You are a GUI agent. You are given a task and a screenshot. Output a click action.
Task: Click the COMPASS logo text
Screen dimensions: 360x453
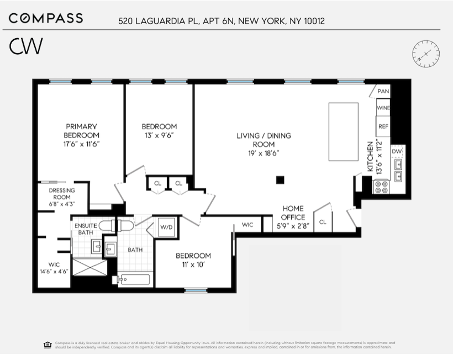pos(46,18)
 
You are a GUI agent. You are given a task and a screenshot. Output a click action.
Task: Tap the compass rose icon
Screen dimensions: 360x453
pos(426,54)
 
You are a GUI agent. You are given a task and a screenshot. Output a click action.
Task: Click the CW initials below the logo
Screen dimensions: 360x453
pos(25,47)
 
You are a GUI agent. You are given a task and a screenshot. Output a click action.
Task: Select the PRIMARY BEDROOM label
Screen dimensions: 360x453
pos(81,131)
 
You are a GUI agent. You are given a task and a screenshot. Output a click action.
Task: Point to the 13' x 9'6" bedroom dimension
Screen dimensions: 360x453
pos(159,135)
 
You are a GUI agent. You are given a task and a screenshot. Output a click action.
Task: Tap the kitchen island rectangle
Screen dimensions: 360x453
pos(343,131)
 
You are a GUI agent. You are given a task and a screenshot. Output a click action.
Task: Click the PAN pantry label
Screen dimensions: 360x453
pos(383,91)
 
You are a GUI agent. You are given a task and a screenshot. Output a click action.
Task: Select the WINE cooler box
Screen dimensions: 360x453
pos(383,108)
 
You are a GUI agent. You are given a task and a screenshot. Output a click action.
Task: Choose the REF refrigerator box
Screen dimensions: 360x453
pos(383,126)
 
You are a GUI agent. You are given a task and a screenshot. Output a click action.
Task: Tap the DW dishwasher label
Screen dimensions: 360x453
pos(397,151)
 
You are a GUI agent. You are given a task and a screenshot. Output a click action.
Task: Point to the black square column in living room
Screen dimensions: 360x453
pos(281,179)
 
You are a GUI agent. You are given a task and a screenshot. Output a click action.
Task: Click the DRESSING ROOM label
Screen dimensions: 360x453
pos(62,194)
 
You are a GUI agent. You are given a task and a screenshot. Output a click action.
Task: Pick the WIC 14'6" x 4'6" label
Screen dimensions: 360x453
pos(54,268)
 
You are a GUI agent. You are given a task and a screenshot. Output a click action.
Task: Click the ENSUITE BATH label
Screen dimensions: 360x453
pos(86,229)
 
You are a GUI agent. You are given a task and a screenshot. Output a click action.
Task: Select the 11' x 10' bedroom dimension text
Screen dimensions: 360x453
pos(193,265)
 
